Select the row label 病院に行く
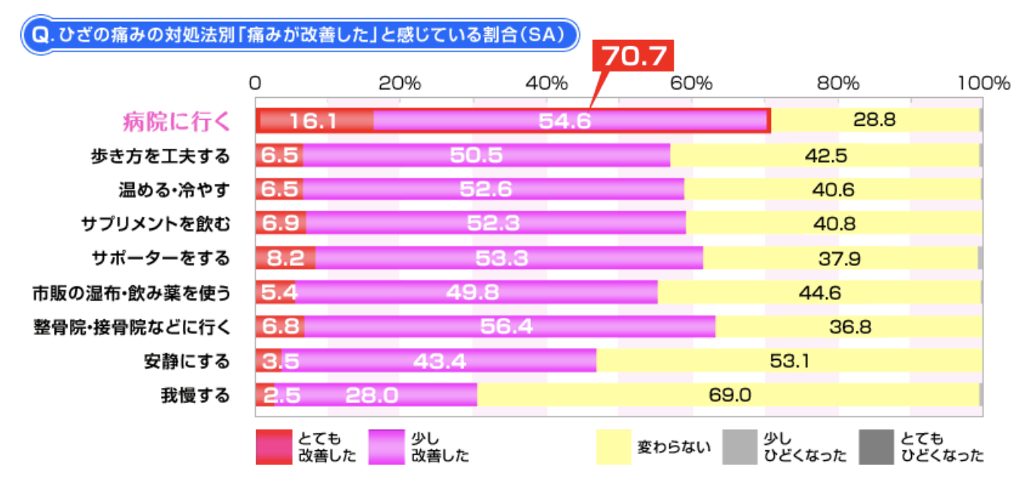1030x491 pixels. click(176, 121)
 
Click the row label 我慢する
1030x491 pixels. click(194, 395)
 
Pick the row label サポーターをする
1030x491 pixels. click(160, 258)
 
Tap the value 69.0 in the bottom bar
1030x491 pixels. click(730, 395)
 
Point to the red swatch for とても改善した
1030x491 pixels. click(273, 447)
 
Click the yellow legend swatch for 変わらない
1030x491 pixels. click(613, 447)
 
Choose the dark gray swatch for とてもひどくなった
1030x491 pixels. click(876, 447)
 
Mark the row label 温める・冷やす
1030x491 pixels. click(174, 190)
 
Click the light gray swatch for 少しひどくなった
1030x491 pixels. click(739, 447)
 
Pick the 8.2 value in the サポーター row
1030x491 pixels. click(285, 258)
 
